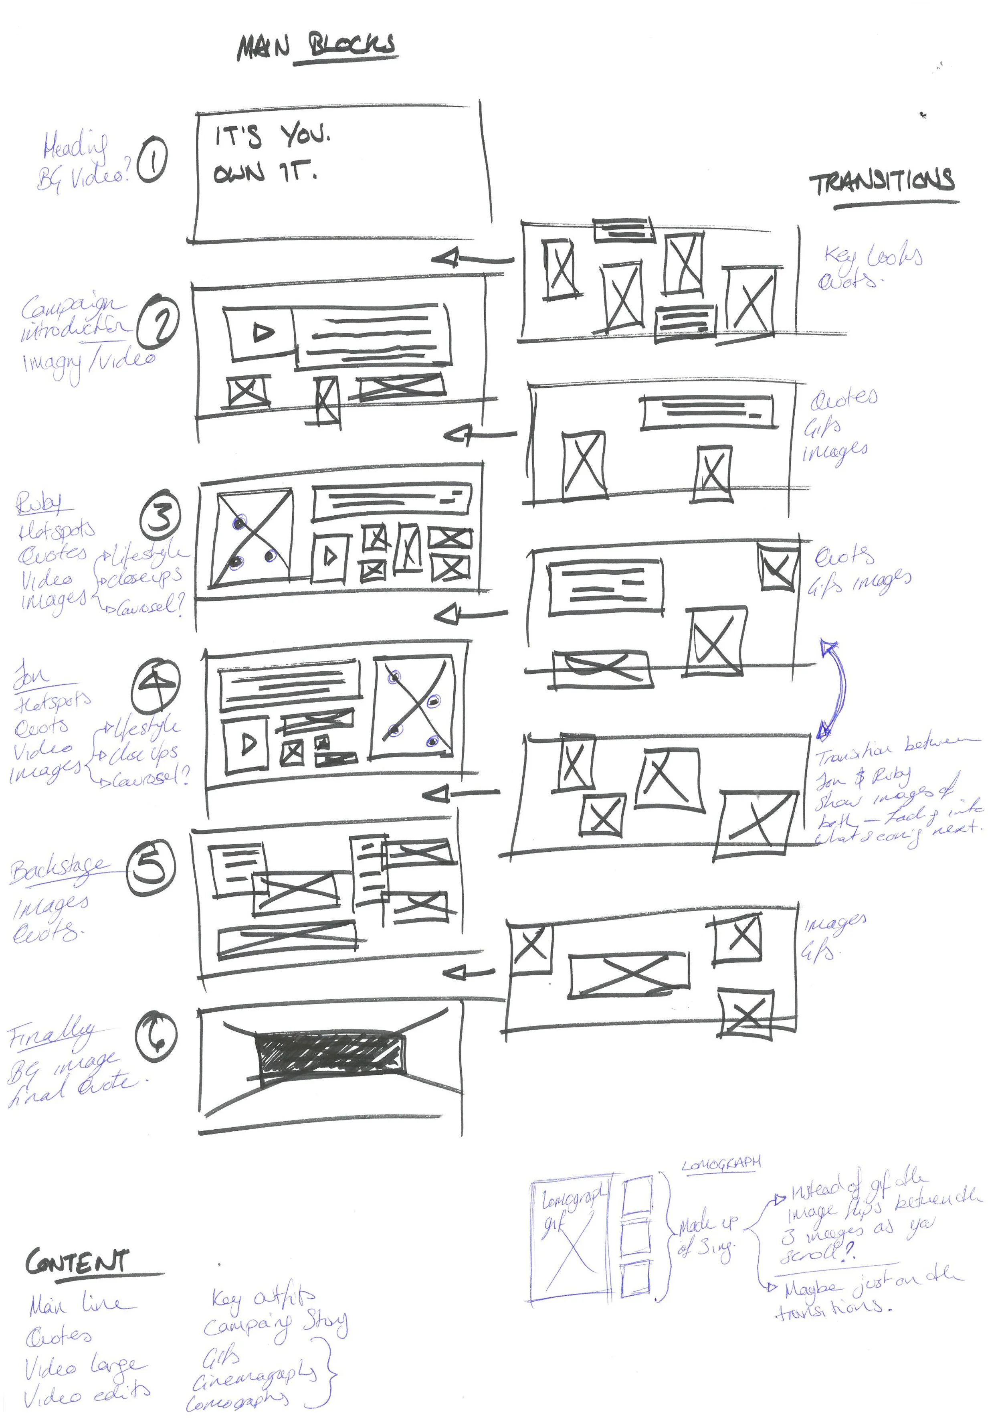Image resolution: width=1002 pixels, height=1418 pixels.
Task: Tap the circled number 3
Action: [x=161, y=516]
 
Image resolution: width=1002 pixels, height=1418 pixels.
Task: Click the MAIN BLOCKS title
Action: [x=317, y=47]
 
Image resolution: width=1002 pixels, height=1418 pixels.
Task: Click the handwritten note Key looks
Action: [x=873, y=255]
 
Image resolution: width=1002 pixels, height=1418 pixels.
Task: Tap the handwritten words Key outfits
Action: [x=263, y=1298]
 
